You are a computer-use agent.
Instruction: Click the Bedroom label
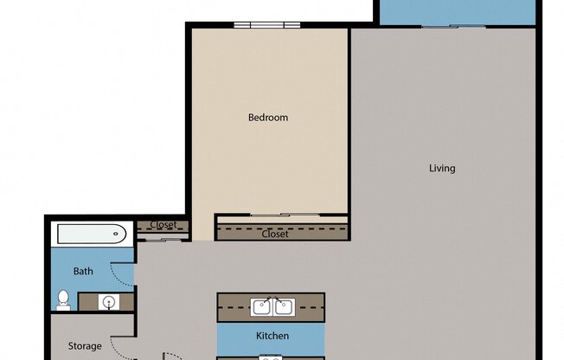pyautogui.click(x=268, y=118)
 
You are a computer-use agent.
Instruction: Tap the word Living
pyautogui.click(x=442, y=168)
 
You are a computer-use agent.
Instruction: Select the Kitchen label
pyautogui.click(x=272, y=336)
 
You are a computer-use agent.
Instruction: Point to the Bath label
pyautogui.click(x=83, y=272)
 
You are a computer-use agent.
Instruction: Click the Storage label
pyautogui.click(x=85, y=346)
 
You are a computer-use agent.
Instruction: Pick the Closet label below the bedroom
pyautogui.click(x=275, y=234)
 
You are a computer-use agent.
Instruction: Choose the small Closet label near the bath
pyautogui.click(x=163, y=225)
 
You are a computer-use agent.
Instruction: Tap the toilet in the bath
pyautogui.click(x=63, y=300)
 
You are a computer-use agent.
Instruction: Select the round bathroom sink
pyautogui.click(x=107, y=302)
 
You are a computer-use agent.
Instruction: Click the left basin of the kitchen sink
pyautogui.click(x=261, y=305)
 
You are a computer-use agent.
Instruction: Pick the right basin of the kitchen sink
pyautogui.click(x=283, y=305)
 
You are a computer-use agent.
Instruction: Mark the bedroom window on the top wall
pyautogui.click(x=266, y=25)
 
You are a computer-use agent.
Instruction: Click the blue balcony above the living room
pyautogui.click(x=455, y=12)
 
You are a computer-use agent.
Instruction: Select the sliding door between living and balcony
pyautogui.click(x=453, y=26)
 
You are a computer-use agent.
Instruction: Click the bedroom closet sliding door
pyautogui.click(x=280, y=215)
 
